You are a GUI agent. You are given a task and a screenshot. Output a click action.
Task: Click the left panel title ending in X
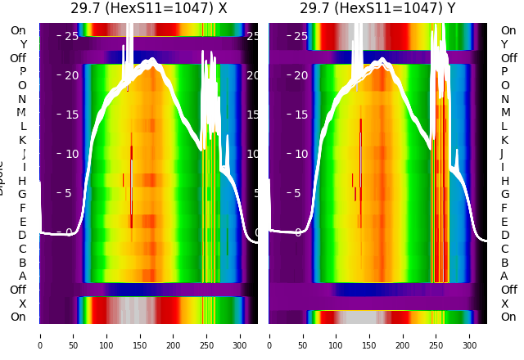pos(148,9)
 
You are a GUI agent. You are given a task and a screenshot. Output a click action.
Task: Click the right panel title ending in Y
pos(377,9)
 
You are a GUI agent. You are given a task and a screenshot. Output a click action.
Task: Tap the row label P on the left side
pos(22,72)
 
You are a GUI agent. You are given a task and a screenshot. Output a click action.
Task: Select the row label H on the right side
pos(504,181)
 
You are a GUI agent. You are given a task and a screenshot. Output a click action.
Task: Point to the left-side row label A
pos(22,277)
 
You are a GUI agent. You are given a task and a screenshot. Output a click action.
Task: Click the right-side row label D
pos(504,236)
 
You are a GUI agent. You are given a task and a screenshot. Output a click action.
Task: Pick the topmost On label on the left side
pos(18,31)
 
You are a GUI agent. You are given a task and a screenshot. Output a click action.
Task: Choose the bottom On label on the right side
pos(508,317)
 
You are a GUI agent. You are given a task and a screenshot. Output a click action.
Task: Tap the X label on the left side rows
pos(22,304)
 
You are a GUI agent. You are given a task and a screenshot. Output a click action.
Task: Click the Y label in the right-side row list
pos(504,44)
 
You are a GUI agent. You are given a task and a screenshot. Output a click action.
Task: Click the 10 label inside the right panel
pos(300,154)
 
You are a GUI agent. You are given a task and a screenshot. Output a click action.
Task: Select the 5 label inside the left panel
pos(69,193)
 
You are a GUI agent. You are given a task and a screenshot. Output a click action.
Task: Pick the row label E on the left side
pos(22,222)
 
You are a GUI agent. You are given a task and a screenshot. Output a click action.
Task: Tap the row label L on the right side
pos(504,126)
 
